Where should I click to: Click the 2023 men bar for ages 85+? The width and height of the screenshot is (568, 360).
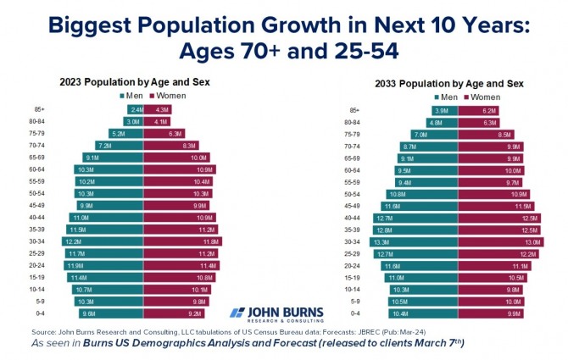(x=135, y=110)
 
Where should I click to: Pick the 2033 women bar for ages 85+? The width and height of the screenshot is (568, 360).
(x=476, y=110)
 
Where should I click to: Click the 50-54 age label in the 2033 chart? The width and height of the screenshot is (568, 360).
(x=355, y=194)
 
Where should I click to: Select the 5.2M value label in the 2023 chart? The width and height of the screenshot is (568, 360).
(x=118, y=134)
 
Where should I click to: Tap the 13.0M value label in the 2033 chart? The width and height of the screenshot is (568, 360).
(x=510, y=241)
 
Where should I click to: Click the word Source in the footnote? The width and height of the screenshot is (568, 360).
(x=43, y=332)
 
